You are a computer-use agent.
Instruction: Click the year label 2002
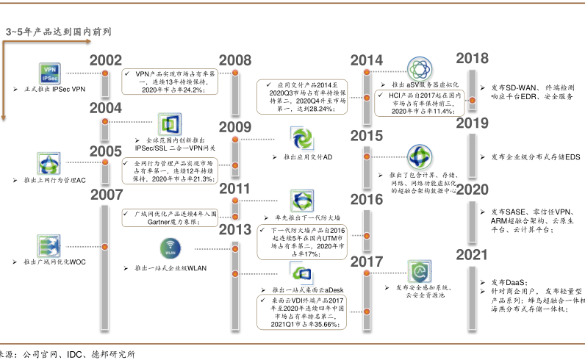[x=106, y=62]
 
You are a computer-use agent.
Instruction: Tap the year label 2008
[x=235, y=62]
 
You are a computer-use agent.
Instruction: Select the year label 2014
[x=366, y=62]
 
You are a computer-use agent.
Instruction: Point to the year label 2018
[x=473, y=59]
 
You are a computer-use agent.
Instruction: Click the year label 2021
[x=473, y=256]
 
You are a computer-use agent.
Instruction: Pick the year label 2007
[x=106, y=196]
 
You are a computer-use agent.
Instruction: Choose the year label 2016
[x=366, y=201]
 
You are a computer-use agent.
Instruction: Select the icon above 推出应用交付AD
[x=302, y=138]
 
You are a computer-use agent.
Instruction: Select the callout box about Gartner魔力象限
[x=170, y=218]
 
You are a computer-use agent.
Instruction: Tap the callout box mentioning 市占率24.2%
[x=170, y=82]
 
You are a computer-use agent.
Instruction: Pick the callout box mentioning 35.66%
[x=301, y=312]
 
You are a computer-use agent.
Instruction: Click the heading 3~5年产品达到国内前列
[x=59, y=33]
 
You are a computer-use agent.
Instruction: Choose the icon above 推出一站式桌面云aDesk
[x=303, y=274]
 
